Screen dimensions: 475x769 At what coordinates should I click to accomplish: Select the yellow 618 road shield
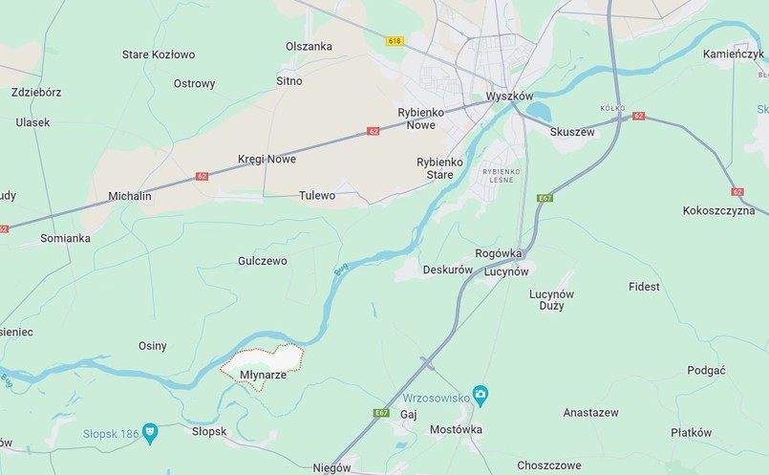pos(395,41)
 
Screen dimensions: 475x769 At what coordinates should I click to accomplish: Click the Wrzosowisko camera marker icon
pos(481,395)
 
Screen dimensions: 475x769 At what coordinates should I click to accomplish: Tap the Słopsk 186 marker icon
pos(150,432)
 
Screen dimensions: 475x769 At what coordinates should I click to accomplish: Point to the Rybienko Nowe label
pos(417,119)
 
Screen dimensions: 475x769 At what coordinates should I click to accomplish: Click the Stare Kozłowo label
pos(159,54)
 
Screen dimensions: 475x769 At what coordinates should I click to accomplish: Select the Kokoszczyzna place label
pos(718,210)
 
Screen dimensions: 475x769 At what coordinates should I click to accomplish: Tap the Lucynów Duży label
pos(551,300)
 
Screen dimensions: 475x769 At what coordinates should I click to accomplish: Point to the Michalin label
pos(130,196)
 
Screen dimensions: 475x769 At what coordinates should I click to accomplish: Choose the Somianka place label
pos(65,238)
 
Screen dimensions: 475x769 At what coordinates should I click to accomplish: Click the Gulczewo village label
pos(262,261)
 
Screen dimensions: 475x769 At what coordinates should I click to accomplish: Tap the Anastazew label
pos(590,413)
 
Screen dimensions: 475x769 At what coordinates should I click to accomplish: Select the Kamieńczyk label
pos(734,54)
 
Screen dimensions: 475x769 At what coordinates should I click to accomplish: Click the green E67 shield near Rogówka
pos(545,198)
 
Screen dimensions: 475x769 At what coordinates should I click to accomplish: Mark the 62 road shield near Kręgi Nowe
pos(373,131)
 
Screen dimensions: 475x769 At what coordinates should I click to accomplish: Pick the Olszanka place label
pos(309,46)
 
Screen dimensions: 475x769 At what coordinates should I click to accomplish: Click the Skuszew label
pos(572,132)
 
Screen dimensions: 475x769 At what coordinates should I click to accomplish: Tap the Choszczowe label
pos(548,465)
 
